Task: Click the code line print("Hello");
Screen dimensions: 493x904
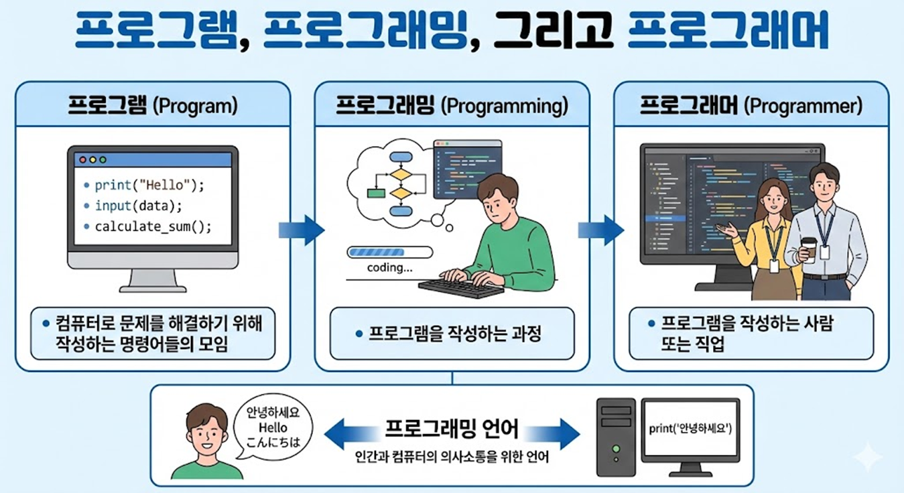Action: click(148, 185)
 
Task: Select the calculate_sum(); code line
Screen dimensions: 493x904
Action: click(153, 226)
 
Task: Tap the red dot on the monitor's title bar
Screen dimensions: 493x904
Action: click(83, 160)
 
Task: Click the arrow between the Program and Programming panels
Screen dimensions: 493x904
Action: click(302, 229)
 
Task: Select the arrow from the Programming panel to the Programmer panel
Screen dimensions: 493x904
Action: click(600, 229)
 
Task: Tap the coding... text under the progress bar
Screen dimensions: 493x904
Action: click(390, 268)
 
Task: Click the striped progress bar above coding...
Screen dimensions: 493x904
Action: click(389, 253)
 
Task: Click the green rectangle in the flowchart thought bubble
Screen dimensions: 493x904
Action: click(376, 193)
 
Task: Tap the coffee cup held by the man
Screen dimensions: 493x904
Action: click(809, 249)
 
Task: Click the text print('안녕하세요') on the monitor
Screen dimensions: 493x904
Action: click(690, 428)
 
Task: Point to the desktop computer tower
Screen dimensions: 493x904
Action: click(616, 437)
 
